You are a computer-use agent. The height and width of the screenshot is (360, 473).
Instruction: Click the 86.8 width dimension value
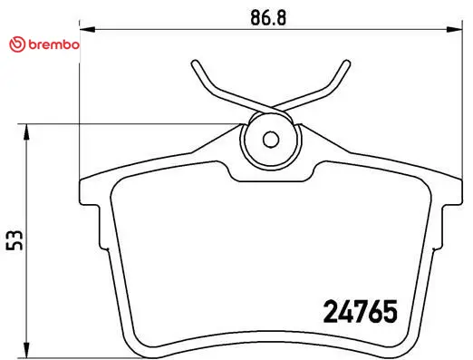click(x=268, y=17)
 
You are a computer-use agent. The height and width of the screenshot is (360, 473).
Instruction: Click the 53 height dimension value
click(x=14, y=240)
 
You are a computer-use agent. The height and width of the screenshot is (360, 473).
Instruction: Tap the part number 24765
click(x=361, y=312)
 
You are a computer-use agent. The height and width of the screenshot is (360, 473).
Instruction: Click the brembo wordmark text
click(x=54, y=44)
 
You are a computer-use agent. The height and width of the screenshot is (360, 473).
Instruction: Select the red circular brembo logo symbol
click(x=17, y=44)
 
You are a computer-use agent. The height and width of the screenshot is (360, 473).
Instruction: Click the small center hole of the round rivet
click(x=271, y=140)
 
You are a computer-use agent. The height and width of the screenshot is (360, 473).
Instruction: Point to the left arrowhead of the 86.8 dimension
click(x=87, y=29)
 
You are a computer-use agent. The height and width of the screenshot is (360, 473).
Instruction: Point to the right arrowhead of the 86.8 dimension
click(x=455, y=29)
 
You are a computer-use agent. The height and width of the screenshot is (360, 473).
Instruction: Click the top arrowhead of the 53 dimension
click(x=27, y=131)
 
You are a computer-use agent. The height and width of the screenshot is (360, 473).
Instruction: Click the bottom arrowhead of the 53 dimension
click(x=27, y=350)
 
